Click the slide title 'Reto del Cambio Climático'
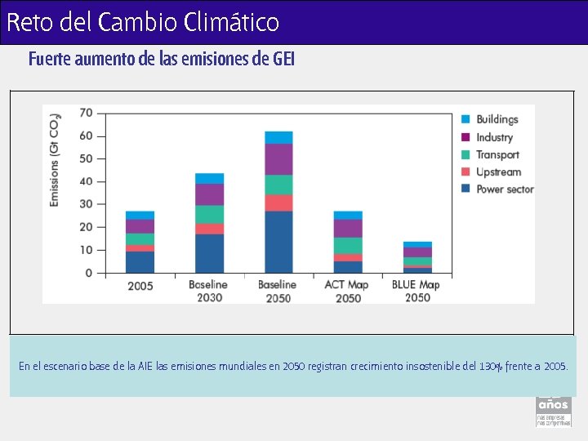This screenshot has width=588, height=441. click(143, 22)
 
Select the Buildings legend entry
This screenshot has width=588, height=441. click(497, 120)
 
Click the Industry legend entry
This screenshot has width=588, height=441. click(494, 137)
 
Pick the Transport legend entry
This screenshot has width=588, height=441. click(497, 154)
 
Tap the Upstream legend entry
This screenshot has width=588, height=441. click(497, 171)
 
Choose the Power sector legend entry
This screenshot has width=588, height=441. click(504, 189)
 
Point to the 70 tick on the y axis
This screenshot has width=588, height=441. click(85, 113)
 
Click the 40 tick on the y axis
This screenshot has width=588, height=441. click(85, 181)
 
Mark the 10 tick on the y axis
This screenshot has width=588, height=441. click(85, 250)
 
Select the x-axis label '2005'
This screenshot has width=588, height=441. click(140, 286)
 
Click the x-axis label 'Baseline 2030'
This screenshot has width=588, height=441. click(209, 291)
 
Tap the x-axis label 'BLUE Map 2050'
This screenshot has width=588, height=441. click(416, 291)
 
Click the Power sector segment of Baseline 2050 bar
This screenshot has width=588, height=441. click(278, 242)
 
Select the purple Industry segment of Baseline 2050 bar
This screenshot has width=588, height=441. click(278, 159)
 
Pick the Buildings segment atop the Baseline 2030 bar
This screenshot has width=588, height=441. click(209, 178)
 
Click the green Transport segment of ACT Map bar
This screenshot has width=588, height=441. click(348, 245)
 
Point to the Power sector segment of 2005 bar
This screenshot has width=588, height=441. click(140, 261)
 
